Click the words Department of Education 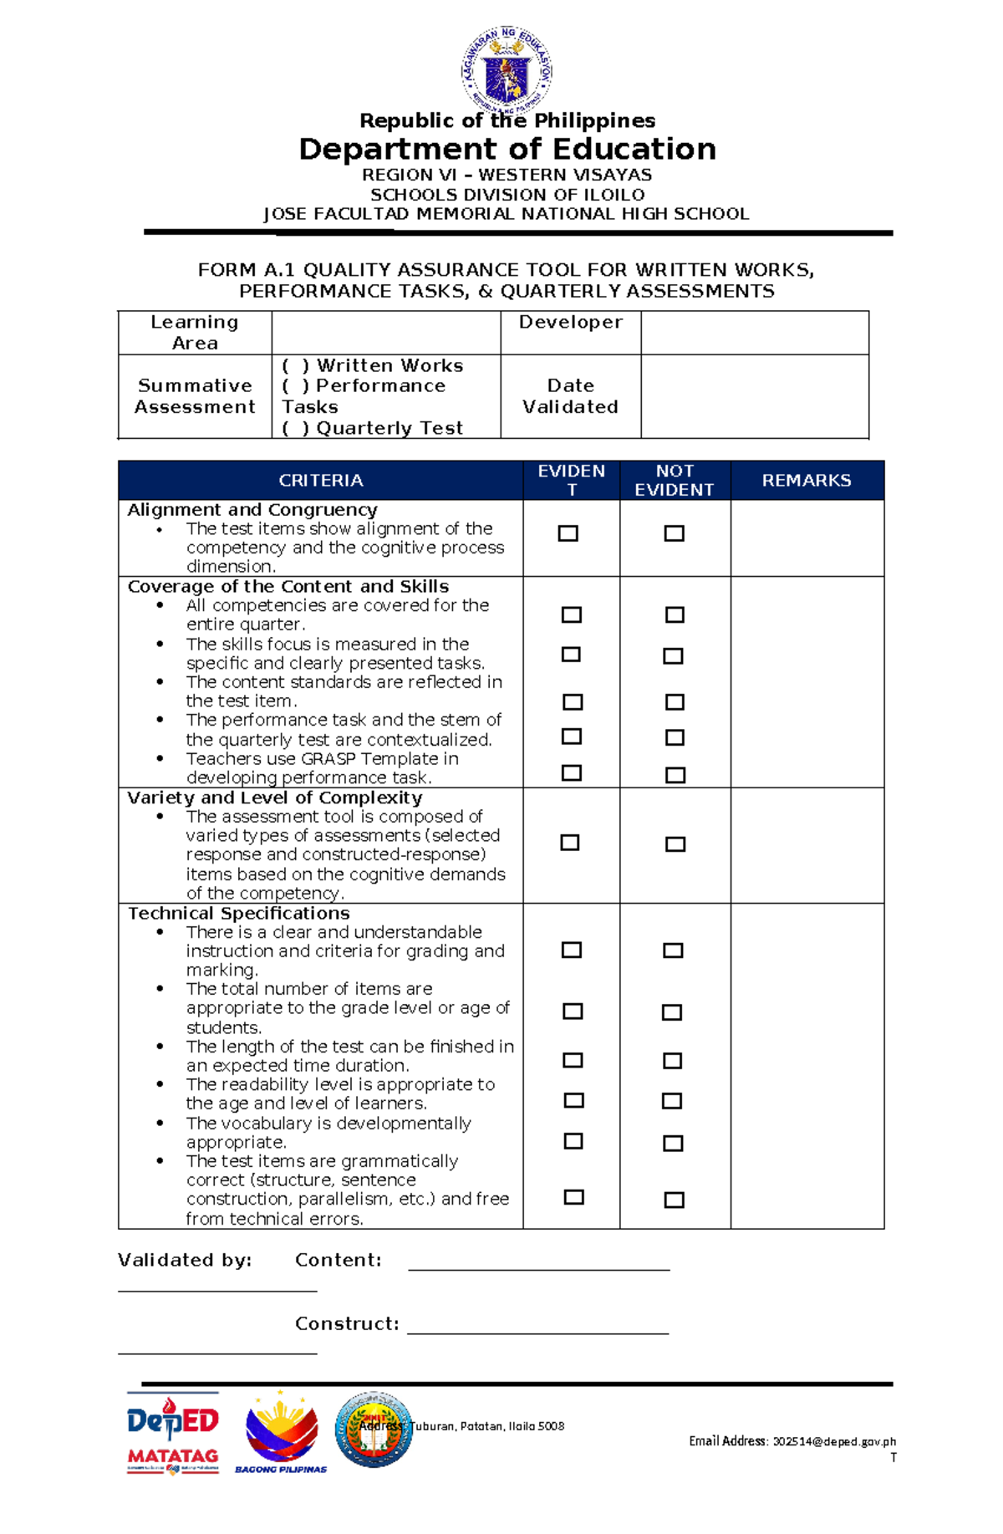[x=507, y=150]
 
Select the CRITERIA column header [x=320, y=481]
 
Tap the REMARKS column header [x=807, y=481]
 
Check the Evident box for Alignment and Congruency [x=568, y=533]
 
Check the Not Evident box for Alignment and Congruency [x=674, y=533]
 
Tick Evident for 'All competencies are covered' [x=572, y=615]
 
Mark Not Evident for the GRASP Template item [x=675, y=776]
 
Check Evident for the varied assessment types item [x=570, y=843]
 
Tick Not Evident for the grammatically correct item [x=674, y=1200]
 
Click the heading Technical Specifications [x=239, y=914]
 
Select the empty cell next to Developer [x=754, y=333]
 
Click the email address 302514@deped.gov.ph [x=834, y=1442]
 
